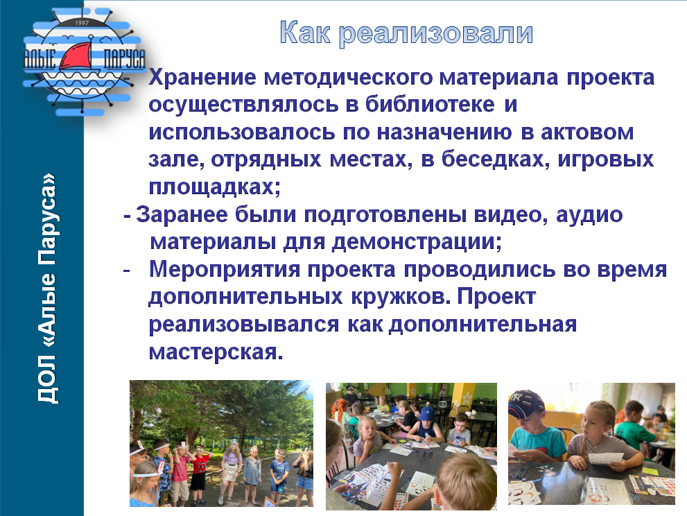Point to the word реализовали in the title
(x=436, y=33)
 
